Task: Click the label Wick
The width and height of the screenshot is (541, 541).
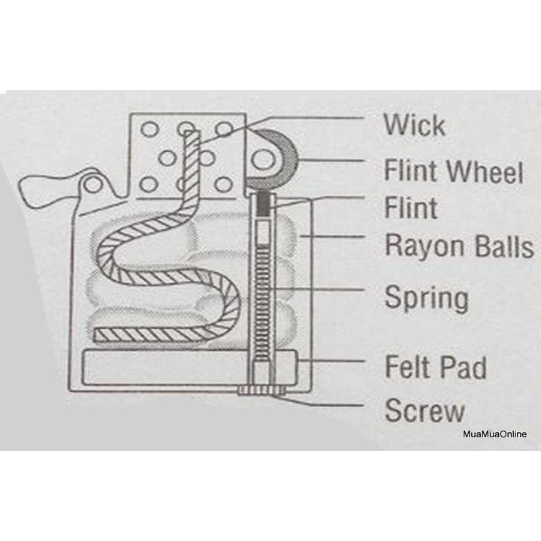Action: (414, 125)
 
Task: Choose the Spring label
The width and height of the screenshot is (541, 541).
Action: (426, 298)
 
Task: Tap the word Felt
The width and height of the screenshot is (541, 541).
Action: (411, 368)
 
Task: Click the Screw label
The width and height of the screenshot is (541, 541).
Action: (425, 411)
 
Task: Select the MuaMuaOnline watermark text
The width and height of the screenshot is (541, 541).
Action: (495, 434)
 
